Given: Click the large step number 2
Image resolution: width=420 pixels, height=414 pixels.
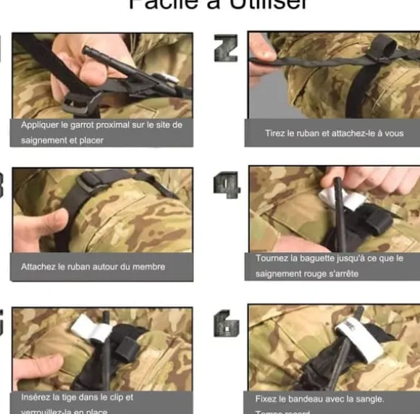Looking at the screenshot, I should pos(226,47).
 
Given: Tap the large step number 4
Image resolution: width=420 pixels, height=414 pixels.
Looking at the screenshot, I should pos(226,186).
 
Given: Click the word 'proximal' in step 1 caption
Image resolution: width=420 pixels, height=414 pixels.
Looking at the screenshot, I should pos(111,124).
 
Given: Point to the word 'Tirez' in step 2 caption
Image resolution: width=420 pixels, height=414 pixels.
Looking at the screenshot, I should pos(276,133).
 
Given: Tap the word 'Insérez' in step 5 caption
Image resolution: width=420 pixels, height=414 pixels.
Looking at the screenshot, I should pos(35,397).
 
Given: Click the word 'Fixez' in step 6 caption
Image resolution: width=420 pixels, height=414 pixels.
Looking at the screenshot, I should pos(266,398).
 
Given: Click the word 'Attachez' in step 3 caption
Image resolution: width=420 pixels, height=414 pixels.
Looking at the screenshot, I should pos(38,266).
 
